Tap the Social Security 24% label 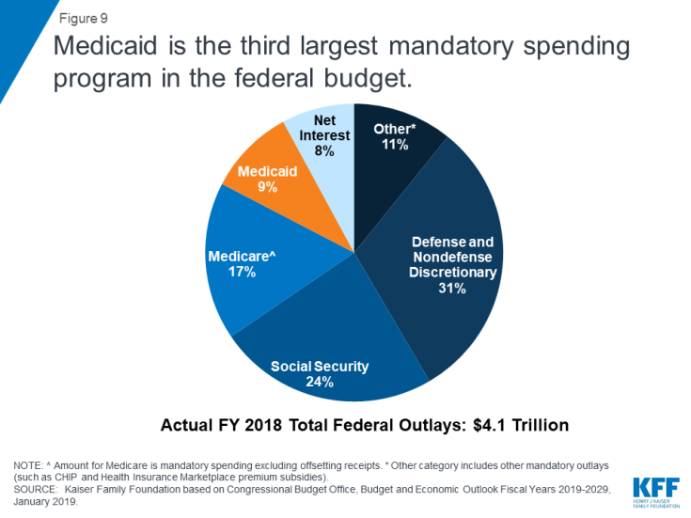pyautogui.click(x=320, y=373)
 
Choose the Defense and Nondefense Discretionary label pyautogui.click(x=451, y=258)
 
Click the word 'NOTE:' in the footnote pyautogui.click(x=29, y=465)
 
